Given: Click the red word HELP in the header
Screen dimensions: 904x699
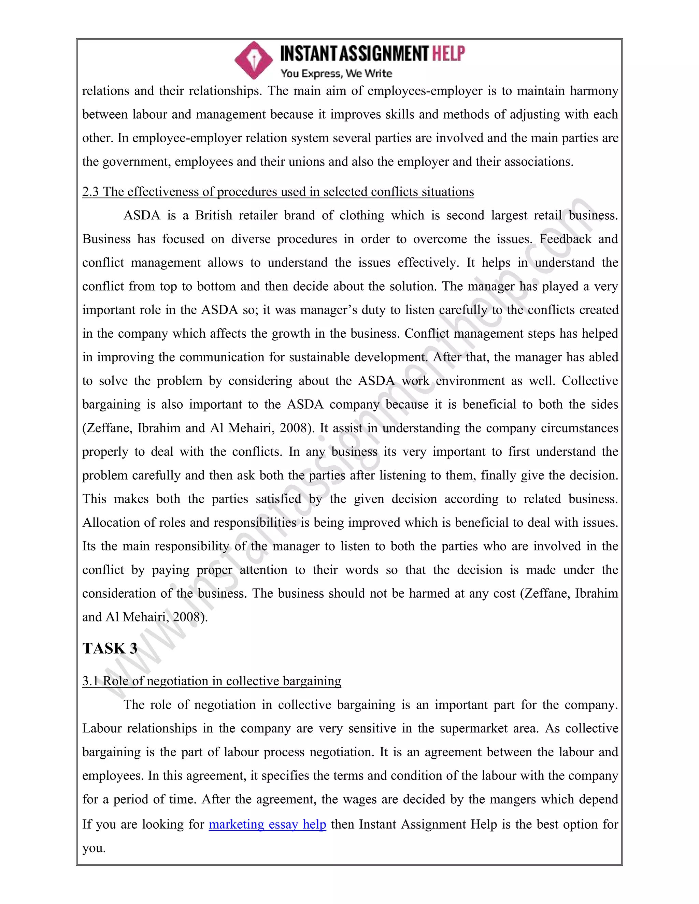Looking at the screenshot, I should click(x=448, y=54).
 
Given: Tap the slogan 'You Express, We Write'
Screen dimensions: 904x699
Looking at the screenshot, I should click(x=336, y=74).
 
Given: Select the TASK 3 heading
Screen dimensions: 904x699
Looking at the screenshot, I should click(x=110, y=648).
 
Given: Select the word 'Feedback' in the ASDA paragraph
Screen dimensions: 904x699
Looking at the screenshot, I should click(x=565, y=239).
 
